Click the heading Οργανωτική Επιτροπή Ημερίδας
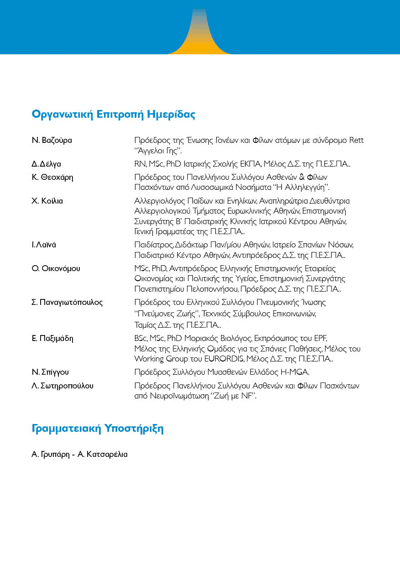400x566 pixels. point(114,115)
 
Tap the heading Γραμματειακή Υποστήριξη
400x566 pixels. point(98,429)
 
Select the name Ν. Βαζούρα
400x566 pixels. point(52,140)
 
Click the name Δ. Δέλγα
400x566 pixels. point(47,164)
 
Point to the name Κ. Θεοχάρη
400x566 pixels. point(52,176)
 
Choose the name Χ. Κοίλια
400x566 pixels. point(47,201)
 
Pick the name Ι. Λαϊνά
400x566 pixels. point(44,245)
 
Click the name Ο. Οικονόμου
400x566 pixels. point(56,268)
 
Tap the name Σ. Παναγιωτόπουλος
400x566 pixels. point(67,302)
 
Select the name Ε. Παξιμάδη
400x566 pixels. point(52,338)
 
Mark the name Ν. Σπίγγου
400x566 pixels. point(50,372)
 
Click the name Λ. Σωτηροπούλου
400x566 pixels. point(62,386)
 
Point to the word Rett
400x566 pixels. point(356,140)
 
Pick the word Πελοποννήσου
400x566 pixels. point(213,289)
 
